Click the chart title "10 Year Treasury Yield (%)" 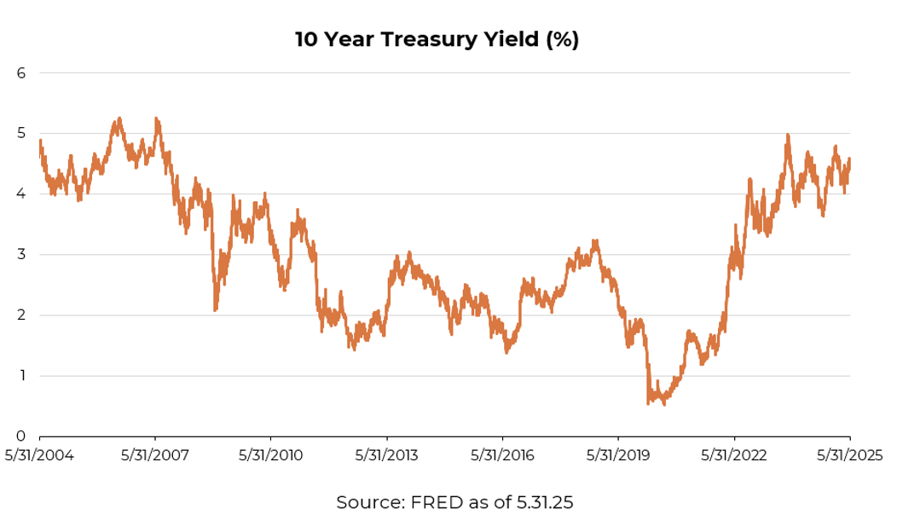(437, 40)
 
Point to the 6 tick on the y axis (22, 73)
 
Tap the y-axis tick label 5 (22, 134)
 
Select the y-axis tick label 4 (22, 194)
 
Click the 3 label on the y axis (22, 255)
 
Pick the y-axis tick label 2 (22, 315)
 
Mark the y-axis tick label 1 (22, 376)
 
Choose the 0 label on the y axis (22, 436)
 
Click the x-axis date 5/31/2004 (39, 455)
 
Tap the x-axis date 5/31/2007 (155, 455)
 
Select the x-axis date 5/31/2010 (270, 455)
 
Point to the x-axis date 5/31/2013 (386, 455)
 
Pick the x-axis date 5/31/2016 (502, 455)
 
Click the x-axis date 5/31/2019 (618, 455)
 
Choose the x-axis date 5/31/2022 (734, 455)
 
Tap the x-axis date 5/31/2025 (849, 455)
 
